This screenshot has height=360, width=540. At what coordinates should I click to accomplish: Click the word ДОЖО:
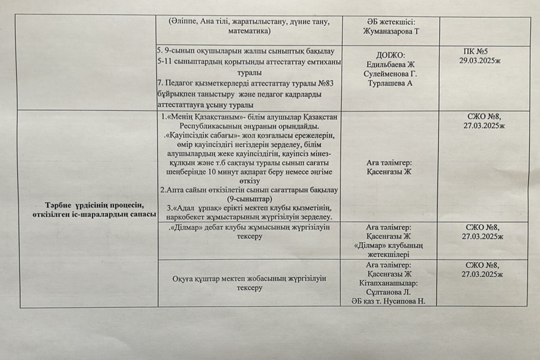tap(389, 55)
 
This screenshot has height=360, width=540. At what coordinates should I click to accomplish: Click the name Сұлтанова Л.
tap(388, 292)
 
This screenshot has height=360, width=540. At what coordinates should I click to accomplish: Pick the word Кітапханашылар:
tap(389, 283)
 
